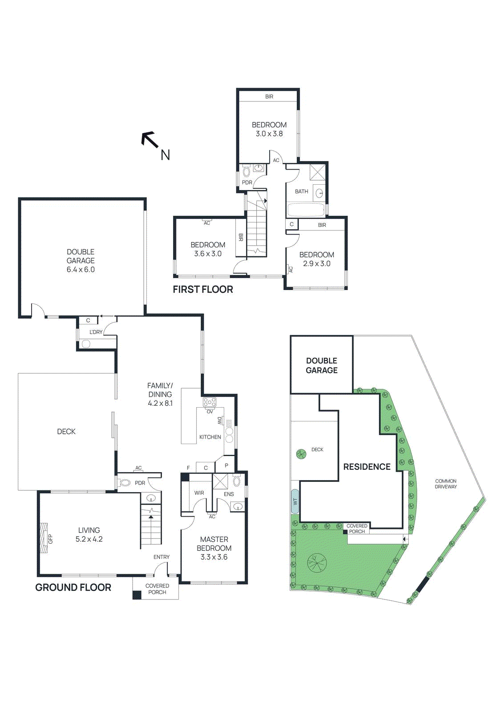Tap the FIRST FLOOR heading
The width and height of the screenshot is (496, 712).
pos(203,289)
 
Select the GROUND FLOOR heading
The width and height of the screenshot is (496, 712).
pos(73,587)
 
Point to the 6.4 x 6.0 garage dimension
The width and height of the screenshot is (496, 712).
pos(81,270)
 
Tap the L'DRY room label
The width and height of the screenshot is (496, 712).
pos(96,332)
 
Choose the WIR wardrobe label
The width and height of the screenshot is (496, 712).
pos(199,493)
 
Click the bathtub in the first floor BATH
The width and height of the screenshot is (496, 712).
pos(306,210)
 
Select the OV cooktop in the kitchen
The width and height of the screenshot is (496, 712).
pos(210,402)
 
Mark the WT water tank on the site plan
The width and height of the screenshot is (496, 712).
pos(295,501)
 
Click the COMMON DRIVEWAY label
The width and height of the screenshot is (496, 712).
pos(446,484)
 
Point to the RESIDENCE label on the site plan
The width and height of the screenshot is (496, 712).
pos(367,467)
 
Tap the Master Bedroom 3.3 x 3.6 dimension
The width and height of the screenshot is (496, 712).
pos(214,557)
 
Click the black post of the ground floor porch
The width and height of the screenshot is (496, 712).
pos(137,595)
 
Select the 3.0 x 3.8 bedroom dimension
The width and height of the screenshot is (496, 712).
pos(269,133)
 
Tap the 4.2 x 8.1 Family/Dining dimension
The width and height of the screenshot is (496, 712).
pos(160,403)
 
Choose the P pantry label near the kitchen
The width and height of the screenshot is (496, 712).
pos(226,465)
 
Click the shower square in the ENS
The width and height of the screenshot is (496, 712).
pos(220,482)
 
